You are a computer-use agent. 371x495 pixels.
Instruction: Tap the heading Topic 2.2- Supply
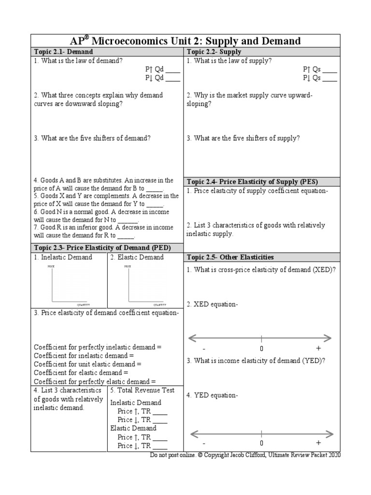pos(214,52)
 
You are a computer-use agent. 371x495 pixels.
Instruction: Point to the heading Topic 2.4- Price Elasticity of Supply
pos(252,182)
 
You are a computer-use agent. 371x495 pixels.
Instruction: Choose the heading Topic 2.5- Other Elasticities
pos(230,257)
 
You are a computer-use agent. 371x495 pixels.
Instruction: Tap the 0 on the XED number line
pos(261,349)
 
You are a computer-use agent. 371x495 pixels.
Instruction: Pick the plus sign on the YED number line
pos(318,442)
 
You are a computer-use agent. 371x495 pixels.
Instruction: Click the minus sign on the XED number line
pos(204,349)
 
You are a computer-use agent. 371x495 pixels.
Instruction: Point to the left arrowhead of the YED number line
pos(192,433)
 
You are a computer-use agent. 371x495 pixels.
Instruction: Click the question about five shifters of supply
pos(243,138)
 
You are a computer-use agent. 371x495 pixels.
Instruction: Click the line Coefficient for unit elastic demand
pos(88,364)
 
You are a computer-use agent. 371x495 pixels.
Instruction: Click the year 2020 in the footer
pos(333,456)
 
